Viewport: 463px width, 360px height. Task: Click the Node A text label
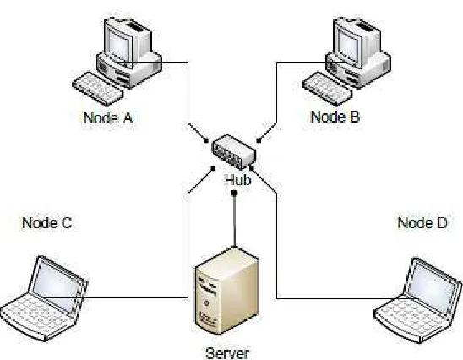coord(108,117)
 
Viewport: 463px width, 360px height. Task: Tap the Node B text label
coord(335,117)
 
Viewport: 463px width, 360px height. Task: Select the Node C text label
coord(47,222)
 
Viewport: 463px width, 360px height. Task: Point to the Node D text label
coord(422,222)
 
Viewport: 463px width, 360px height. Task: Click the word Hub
coord(237,179)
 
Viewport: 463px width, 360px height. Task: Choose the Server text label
coord(227,353)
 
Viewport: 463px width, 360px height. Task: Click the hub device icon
coord(233,152)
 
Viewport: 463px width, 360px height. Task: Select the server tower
coord(226,291)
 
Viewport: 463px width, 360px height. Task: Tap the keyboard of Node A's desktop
coord(97,89)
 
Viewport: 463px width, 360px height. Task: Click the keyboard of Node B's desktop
coord(327,89)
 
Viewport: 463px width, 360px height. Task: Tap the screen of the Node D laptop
coord(432,288)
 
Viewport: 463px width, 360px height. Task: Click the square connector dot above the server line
coord(234,194)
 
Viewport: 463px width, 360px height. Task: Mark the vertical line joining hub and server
coord(235,221)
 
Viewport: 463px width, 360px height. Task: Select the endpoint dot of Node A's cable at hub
coord(206,141)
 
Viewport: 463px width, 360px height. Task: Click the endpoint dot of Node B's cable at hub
coord(259,141)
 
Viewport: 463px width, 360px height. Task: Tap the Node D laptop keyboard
coord(412,319)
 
